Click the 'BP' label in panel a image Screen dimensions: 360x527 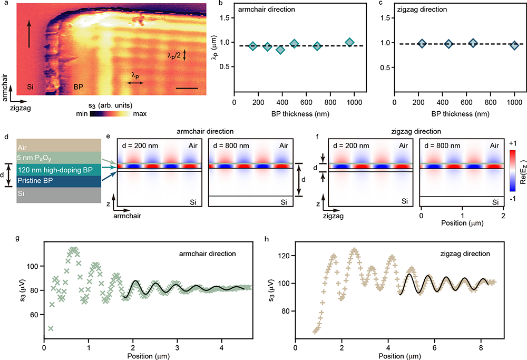[78, 86]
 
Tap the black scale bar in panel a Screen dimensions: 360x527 [187, 88]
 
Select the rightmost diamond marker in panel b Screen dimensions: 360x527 [349, 42]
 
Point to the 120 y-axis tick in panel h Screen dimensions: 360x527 [285, 256]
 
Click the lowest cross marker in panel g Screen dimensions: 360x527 [50, 328]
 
